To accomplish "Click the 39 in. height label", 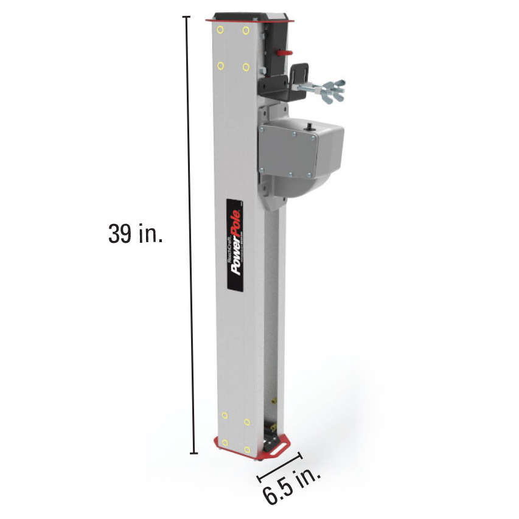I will tap(135, 234).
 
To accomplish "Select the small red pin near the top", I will tap(283, 52).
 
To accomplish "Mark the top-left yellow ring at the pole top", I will tap(221, 29).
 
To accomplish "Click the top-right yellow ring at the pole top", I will tap(246, 30).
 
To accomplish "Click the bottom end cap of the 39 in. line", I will tap(194, 453).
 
